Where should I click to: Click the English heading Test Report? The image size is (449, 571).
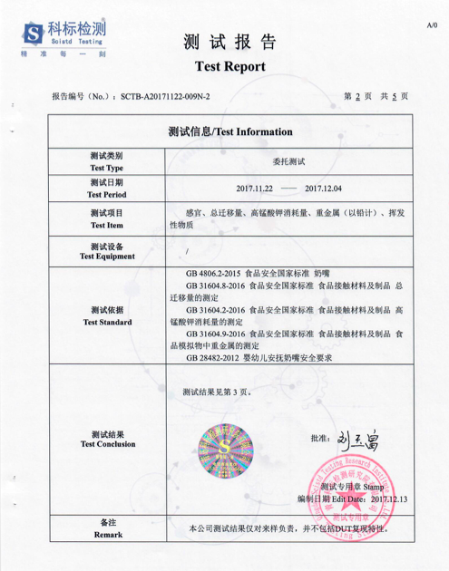pos(230,67)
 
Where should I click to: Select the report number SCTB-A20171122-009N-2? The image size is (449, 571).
pos(164,95)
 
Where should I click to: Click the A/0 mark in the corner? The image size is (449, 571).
pos(432,26)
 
